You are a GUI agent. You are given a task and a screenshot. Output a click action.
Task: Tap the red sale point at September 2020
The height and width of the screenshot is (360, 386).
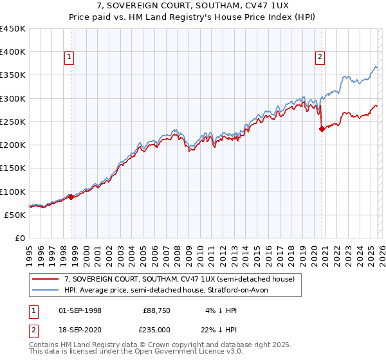pyautogui.click(x=322, y=129)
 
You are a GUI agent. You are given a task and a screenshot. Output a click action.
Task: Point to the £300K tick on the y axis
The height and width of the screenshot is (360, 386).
pyautogui.click(x=13, y=98)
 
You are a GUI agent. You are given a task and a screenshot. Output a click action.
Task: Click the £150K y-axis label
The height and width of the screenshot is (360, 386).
pyautogui.click(x=13, y=168)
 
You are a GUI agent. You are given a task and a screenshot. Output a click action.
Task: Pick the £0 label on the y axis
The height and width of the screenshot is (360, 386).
pyautogui.click(x=21, y=239)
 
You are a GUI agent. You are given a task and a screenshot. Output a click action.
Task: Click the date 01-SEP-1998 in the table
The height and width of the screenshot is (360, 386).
pyautogui.click(x=80, y=310)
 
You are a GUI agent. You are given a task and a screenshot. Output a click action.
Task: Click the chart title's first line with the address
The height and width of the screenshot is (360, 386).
pyautogui.click(x=193, y=6)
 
